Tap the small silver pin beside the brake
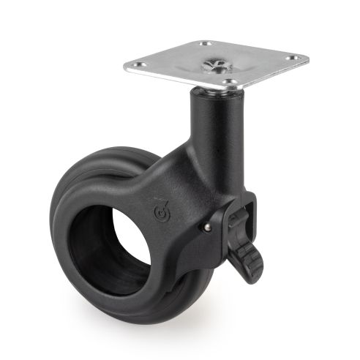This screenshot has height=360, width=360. (208, 228)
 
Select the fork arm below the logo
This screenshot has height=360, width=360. (179, 249)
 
